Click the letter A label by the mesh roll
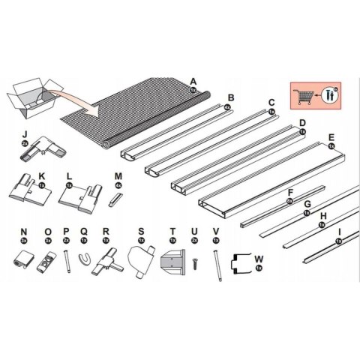click(193, 81)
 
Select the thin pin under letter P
click(67, 260)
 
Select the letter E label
click(331, 137)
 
